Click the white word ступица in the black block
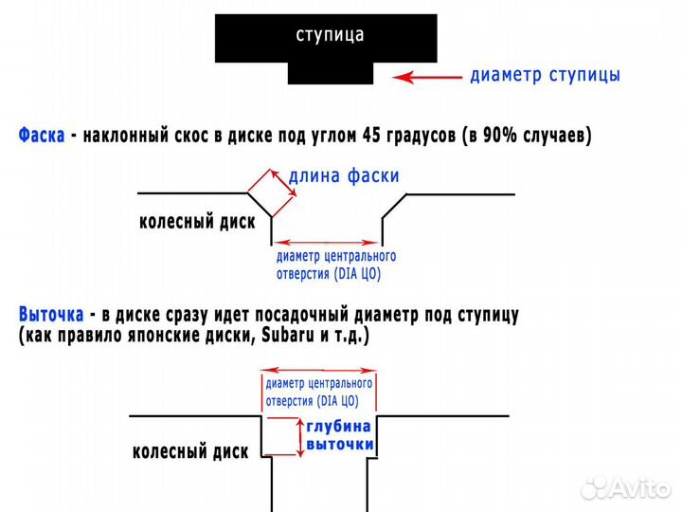pyautogui.click(x=330, y=36)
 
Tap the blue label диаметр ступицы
pyautogui.click(x=545, y=75)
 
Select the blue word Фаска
pyautogui.click(x=42, y=136)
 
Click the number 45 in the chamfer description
pyautogui.click(x=372, y=136)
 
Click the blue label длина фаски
pyautogui.click(x=344, y=176)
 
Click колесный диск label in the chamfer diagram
pyautogui.click(x=198, y=222)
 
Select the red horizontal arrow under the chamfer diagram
pyautogui.click(x=327, y=243)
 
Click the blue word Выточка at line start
pyautogui.click(x=50, y=314)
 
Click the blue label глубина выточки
pyautogui.click(x=339, y=435)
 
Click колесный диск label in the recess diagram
pyautogui.click(x=190, y=451)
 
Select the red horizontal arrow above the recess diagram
pyautogui.click(x=318, y=373)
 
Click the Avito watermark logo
pyautogui.click(x=626, y=487)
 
